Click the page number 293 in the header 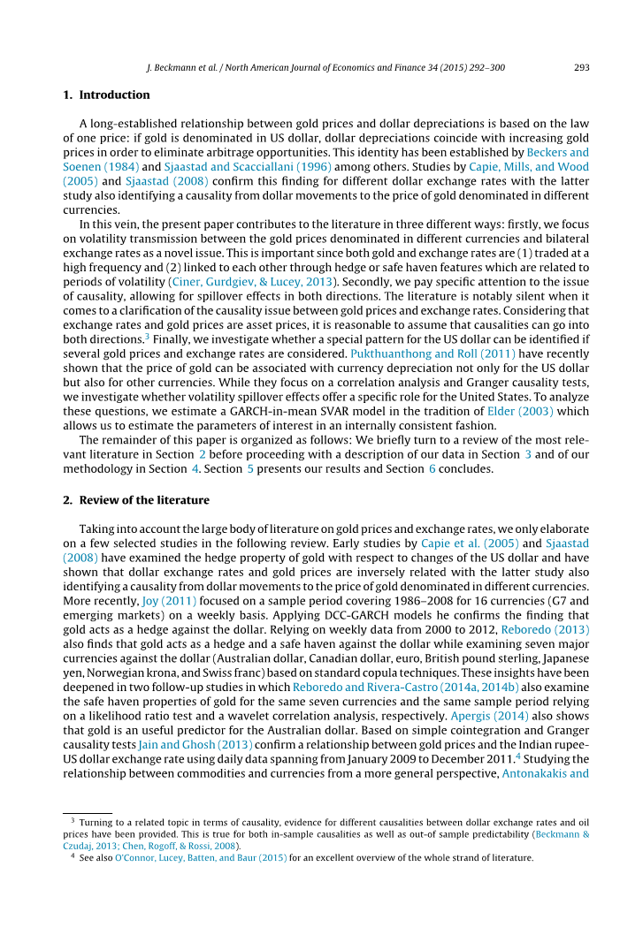click(581, 67)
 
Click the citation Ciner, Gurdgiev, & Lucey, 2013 click(256, 281)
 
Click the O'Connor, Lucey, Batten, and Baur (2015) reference click(201, 857)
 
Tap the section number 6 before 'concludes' click(432, 468)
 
